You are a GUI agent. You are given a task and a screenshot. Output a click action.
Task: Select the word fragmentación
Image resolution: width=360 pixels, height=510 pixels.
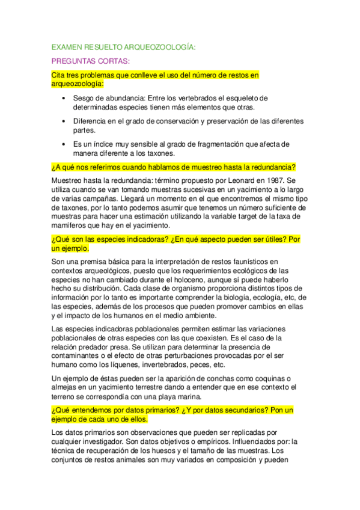(x=195, y=144)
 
